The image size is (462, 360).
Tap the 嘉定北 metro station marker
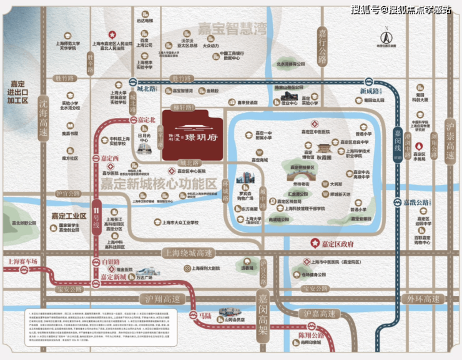[x=132, y=119]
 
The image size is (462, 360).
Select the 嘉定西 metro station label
[x=109, y=159]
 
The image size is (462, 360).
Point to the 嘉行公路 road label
[x=322, y=46]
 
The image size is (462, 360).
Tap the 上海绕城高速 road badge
[x=187, y=253]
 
